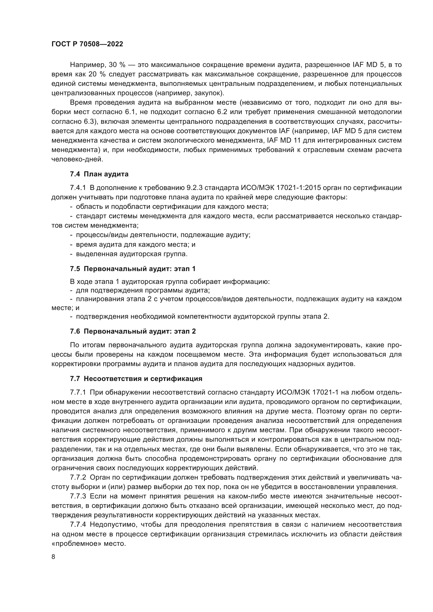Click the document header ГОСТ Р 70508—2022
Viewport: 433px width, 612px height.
[87, 44]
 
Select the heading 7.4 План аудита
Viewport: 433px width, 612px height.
[99, 174]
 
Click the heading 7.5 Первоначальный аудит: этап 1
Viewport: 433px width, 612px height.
[132, 269]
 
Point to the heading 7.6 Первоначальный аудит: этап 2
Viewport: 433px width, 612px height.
[132, 331]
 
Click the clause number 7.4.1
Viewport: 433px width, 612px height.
[77, 188]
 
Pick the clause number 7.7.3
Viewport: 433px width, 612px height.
[77, 496]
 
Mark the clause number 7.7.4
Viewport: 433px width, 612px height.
[77, 525]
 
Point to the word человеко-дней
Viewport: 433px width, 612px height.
[77, 159]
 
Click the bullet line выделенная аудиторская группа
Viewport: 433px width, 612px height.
[132, 254]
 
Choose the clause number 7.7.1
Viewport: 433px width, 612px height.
[77, 392]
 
